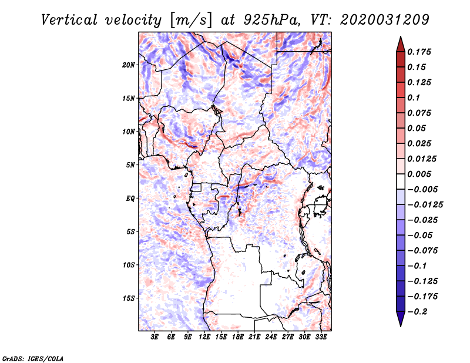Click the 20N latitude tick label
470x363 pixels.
click(129, 65)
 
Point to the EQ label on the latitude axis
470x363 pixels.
click(130, 199)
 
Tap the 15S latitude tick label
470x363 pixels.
click(129, 298)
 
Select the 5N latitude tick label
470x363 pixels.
click(130, 165)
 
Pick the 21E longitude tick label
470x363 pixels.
click(255, 338)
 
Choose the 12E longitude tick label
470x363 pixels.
click(204, 338)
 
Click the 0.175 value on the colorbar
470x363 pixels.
click(420, 52)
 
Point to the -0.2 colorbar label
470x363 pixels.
click(418, 311)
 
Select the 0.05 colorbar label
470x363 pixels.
click(417, 128)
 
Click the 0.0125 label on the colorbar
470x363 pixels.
click(423, 159)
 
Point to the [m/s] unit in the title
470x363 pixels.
click(189, 19)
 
